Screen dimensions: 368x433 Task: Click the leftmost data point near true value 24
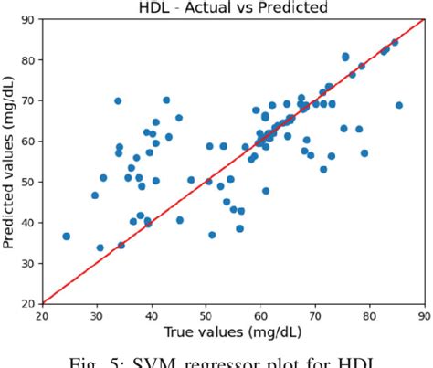coord(66,236)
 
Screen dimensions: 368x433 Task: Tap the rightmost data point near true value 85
coord(399,105)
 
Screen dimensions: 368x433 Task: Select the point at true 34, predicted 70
coord(118,100)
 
